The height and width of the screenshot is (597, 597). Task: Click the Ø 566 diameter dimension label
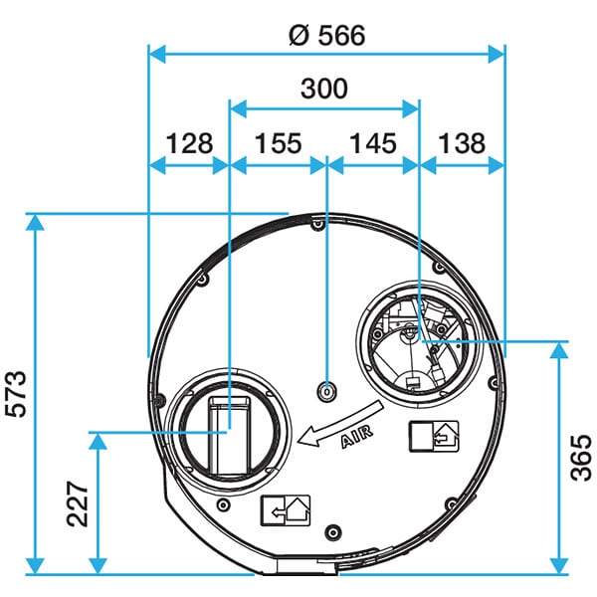tap(327, 36)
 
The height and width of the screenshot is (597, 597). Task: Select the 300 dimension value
tap(324, 89)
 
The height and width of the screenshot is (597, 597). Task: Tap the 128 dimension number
tap(189, 143)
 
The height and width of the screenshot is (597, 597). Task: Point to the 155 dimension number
tap(278, 143)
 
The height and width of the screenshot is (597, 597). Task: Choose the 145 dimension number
tap(373, 143)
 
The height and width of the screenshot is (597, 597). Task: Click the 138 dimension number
tap(462, 143)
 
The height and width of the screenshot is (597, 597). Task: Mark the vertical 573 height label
tap(16, 394)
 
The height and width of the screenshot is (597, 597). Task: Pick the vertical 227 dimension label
tap(78, 504)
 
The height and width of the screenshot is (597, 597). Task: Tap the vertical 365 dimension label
tap(581, 458)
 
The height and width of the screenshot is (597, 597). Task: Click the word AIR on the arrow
tap(357, 437)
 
